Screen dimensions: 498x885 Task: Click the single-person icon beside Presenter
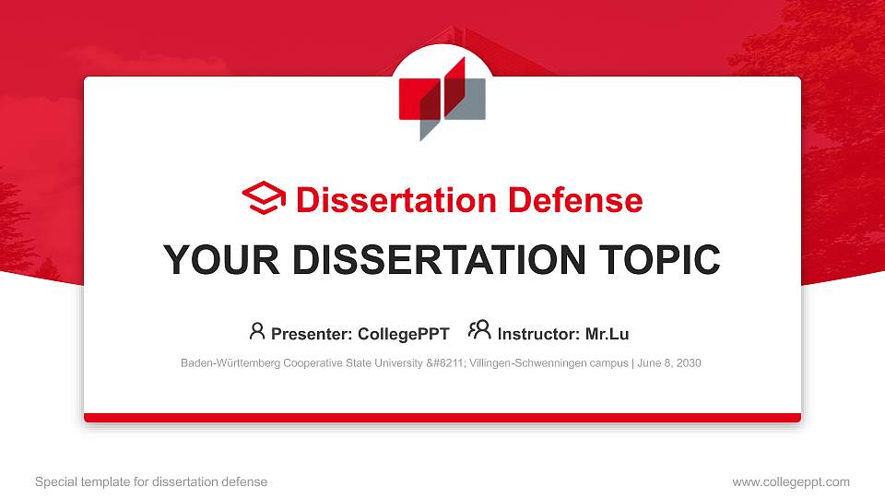point(257,331)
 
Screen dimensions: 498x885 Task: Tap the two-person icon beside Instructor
point(479,331)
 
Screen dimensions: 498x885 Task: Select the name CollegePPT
point(404,334)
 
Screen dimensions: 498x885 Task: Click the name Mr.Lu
point(608,334)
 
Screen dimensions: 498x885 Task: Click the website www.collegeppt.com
point(791,481)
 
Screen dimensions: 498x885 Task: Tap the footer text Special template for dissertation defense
point(151,481)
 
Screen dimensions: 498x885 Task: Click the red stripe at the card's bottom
point(442,418)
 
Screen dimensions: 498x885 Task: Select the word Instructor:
point(537,334)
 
